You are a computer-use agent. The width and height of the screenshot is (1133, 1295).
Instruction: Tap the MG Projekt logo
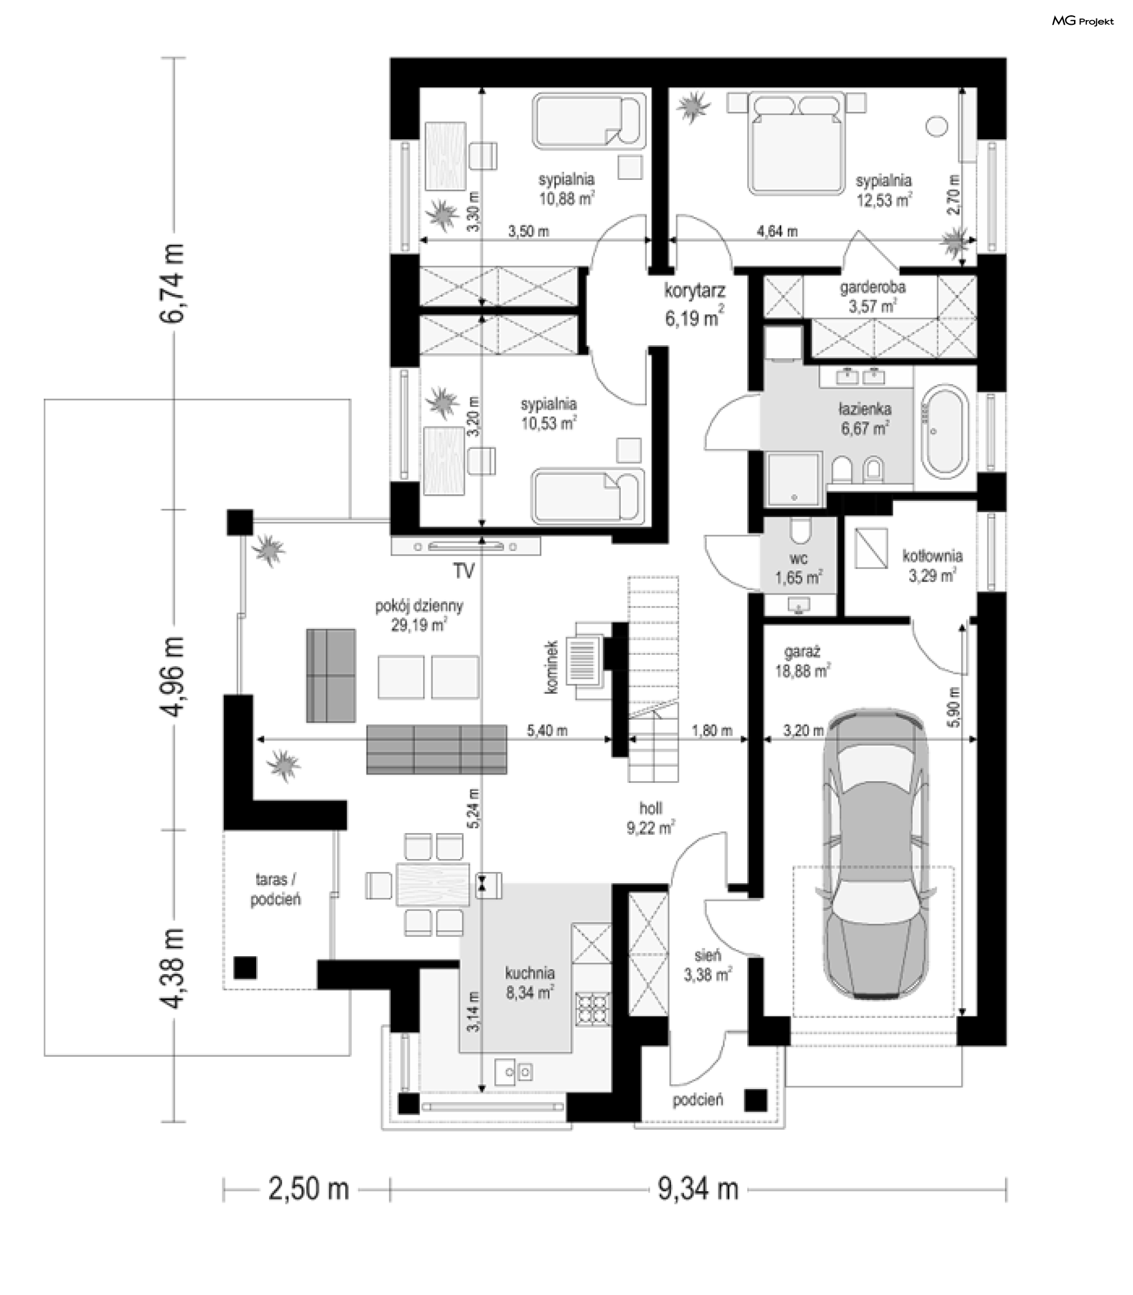tap(1082, 21)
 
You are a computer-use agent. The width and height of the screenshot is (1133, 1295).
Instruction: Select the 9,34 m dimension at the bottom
tap(698, 1189)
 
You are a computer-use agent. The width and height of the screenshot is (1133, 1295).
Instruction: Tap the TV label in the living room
tap(463, 571)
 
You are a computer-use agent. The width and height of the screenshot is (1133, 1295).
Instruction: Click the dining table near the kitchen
tap(433, 885)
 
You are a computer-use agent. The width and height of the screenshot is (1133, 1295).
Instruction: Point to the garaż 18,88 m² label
tap(803, 661)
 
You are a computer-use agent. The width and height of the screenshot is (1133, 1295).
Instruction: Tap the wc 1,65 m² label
tap(798, 568)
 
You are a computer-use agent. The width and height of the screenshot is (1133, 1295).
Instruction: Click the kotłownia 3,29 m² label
tap(932, 566)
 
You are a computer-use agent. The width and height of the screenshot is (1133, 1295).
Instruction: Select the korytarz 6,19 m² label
tap(694, 304)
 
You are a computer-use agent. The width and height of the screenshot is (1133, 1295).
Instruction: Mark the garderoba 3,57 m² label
tap(873, 296)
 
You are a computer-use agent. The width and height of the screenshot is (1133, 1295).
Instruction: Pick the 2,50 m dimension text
tap(309, 1189)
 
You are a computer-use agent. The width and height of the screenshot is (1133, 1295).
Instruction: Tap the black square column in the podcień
tap(755, 1100)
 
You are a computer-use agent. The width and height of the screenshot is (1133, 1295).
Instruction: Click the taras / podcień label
tap(276, 889)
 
